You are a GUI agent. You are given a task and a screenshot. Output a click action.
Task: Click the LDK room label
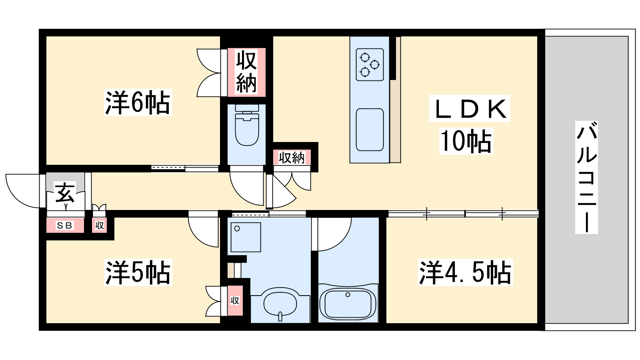[470, 108]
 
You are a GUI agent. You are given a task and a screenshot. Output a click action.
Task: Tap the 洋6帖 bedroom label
[138, 102]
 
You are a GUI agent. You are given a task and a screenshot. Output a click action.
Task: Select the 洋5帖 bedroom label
[138, 272]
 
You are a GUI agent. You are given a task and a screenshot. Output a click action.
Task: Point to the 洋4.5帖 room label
[466, 272]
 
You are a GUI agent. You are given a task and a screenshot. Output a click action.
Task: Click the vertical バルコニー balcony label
[586, 177]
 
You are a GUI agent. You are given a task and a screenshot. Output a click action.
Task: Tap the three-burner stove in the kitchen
[370, 64]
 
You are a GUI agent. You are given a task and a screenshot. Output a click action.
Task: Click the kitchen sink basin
[370, 130]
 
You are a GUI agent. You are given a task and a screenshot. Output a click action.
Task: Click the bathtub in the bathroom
[348, 304]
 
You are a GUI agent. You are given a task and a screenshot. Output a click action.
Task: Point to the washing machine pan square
[246, 237]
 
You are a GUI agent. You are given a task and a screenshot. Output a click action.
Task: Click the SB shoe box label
[64, 226]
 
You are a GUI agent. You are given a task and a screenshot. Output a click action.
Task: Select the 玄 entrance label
[66, 194]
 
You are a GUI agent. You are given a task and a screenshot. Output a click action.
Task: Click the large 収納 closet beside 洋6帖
[246, 72]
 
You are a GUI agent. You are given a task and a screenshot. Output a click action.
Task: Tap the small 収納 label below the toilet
[292, 158]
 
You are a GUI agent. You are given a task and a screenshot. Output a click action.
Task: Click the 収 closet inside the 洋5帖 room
[235, 300]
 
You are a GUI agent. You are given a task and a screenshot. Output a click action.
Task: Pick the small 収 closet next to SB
[100, 226]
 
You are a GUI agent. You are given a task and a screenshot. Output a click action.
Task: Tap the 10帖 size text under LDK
[466, 141]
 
